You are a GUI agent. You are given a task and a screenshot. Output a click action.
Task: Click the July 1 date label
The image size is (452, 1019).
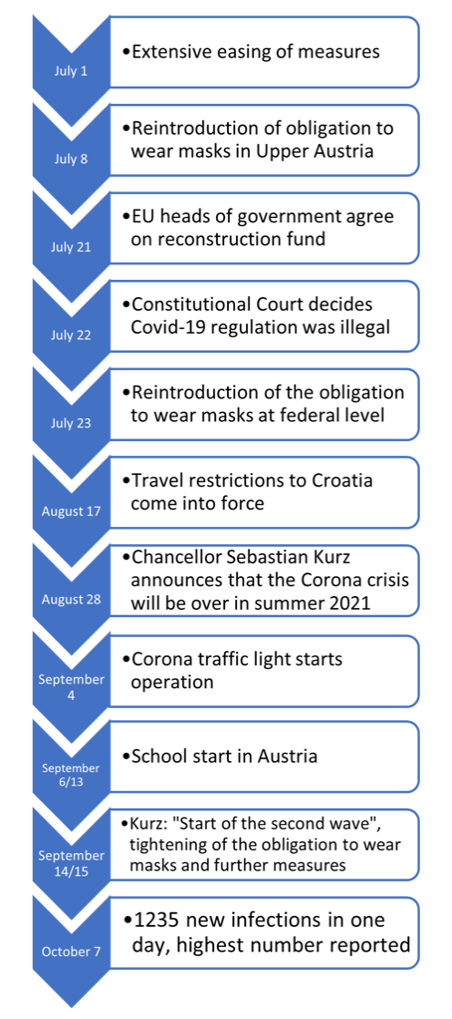(x=70, y=71)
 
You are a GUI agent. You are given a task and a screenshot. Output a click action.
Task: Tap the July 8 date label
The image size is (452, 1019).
(x=70, y=160)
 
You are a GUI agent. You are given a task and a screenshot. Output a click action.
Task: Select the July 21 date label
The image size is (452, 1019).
(x=70, y=247)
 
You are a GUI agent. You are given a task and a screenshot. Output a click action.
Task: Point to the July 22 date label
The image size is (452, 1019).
(x=70, y=335)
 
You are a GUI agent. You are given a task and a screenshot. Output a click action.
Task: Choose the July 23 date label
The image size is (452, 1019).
(x=70, y=423)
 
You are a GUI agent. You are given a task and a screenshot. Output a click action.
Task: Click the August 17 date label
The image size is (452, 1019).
(x=71, y=511)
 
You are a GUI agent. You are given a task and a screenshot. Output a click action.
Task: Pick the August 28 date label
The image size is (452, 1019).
(x=71, y=599)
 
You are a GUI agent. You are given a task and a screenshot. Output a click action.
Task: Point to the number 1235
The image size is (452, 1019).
(x=159, y=921)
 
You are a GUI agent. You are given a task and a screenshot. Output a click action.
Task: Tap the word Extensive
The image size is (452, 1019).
(x=170, y=52)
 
